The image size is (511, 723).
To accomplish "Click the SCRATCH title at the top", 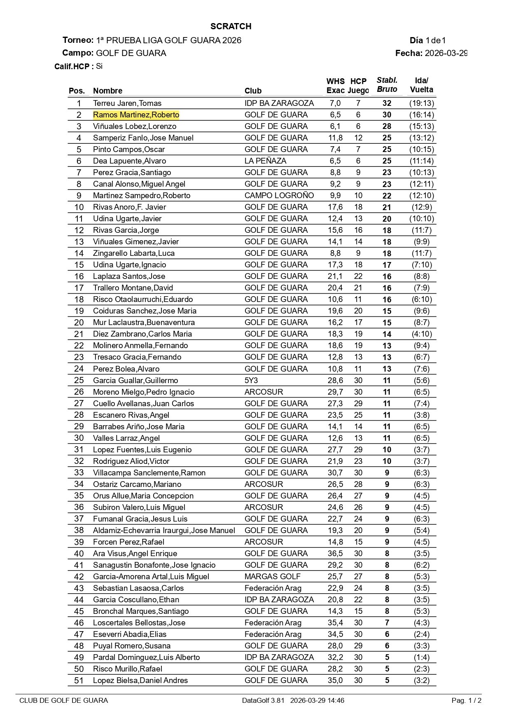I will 231,26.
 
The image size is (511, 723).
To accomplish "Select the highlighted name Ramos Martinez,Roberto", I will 136,115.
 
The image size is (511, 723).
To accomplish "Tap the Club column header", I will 253,91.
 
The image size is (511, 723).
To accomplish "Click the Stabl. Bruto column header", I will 387,85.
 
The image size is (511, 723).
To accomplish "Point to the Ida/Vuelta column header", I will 421,85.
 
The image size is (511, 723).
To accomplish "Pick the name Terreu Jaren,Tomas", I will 127,103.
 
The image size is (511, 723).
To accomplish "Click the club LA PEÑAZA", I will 265,161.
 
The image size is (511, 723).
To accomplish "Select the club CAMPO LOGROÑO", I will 279,196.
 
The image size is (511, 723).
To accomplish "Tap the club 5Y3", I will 251,380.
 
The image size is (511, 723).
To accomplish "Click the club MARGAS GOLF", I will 272,577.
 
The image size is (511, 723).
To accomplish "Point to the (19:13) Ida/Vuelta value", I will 421,103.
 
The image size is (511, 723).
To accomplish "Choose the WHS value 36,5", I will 335,554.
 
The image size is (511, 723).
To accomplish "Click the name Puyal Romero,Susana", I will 132,646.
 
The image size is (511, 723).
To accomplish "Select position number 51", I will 79,681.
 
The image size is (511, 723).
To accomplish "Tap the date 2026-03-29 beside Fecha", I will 446,53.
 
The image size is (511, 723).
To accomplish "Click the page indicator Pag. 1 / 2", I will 466,700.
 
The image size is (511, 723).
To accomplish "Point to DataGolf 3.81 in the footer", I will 263,700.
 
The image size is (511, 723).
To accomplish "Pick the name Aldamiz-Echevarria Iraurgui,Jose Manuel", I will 164,531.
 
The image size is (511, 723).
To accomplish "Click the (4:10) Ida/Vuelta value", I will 421,334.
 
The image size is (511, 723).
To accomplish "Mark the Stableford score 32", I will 387,103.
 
